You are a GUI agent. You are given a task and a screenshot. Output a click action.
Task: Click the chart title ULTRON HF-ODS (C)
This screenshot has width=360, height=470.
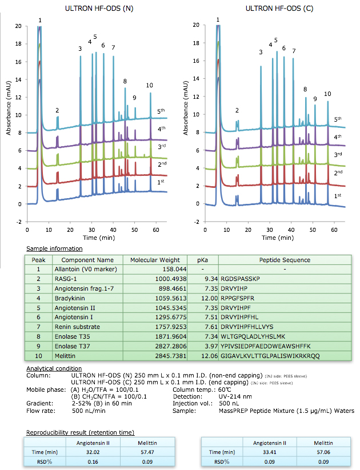275,9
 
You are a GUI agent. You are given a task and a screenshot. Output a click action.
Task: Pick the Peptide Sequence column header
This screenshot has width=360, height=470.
284,259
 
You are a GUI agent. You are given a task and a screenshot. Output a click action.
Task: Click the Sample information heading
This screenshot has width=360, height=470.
54,248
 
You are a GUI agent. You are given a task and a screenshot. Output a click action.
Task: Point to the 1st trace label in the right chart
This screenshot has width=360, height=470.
338,195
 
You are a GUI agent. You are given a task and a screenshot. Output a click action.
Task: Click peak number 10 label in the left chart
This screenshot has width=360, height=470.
149,85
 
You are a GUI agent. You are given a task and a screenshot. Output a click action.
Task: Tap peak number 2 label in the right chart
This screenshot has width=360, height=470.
237,110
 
